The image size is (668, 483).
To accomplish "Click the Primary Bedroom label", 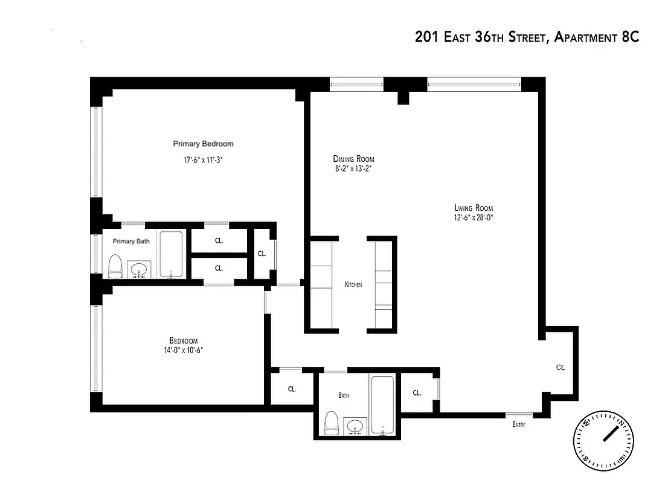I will click(x=203, y=144).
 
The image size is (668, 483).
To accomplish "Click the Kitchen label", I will click(x=353, y=284).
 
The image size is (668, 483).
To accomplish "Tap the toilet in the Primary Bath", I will click(x=115, y=266).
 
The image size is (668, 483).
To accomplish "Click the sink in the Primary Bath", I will click(x=140, y=270).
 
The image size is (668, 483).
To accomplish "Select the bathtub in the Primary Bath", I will click(x=172, y=254).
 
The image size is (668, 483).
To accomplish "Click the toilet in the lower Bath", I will click(x=331, y=422).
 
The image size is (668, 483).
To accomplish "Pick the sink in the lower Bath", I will click(x=356, y=426).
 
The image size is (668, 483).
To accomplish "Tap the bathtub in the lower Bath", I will click(x=382, y=405).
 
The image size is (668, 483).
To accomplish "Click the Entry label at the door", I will click(x=518, y=424).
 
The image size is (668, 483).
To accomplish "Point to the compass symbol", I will click(x=605, y=441).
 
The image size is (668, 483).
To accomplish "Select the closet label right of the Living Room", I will click(x=560, y=367).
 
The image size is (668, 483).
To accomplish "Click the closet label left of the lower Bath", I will click(x=292, y=389).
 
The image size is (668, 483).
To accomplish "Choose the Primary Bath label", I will click(x=131, y=241).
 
